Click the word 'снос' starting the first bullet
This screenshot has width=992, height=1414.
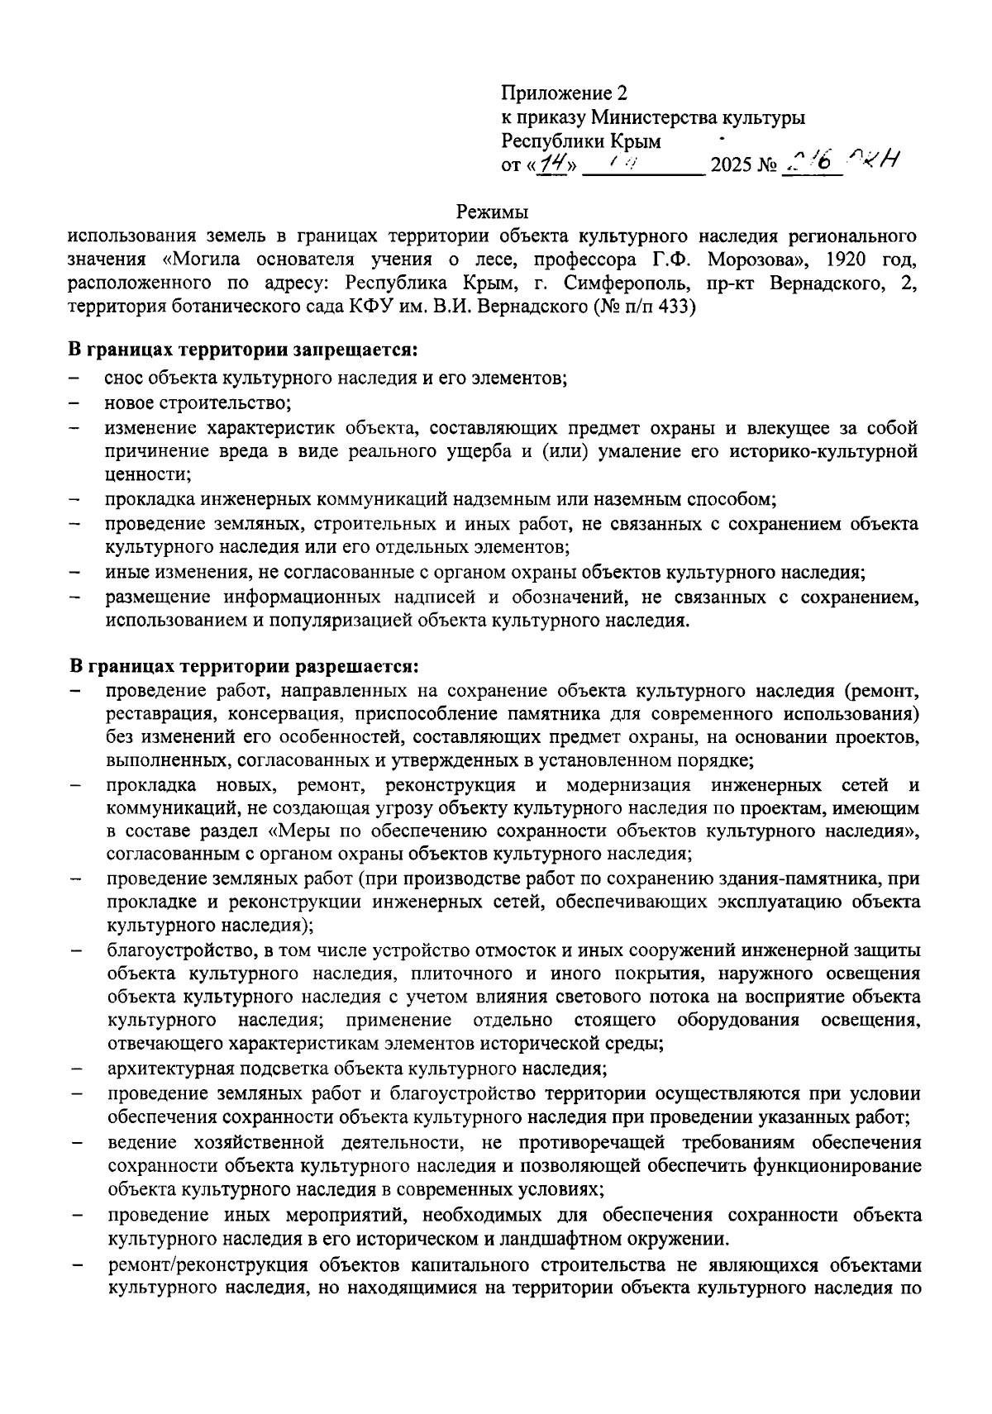click(x=122, y=378)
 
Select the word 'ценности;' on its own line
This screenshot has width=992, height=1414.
click(x=147, y=475)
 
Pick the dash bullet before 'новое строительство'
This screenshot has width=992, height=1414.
click(x=75, y=403)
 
